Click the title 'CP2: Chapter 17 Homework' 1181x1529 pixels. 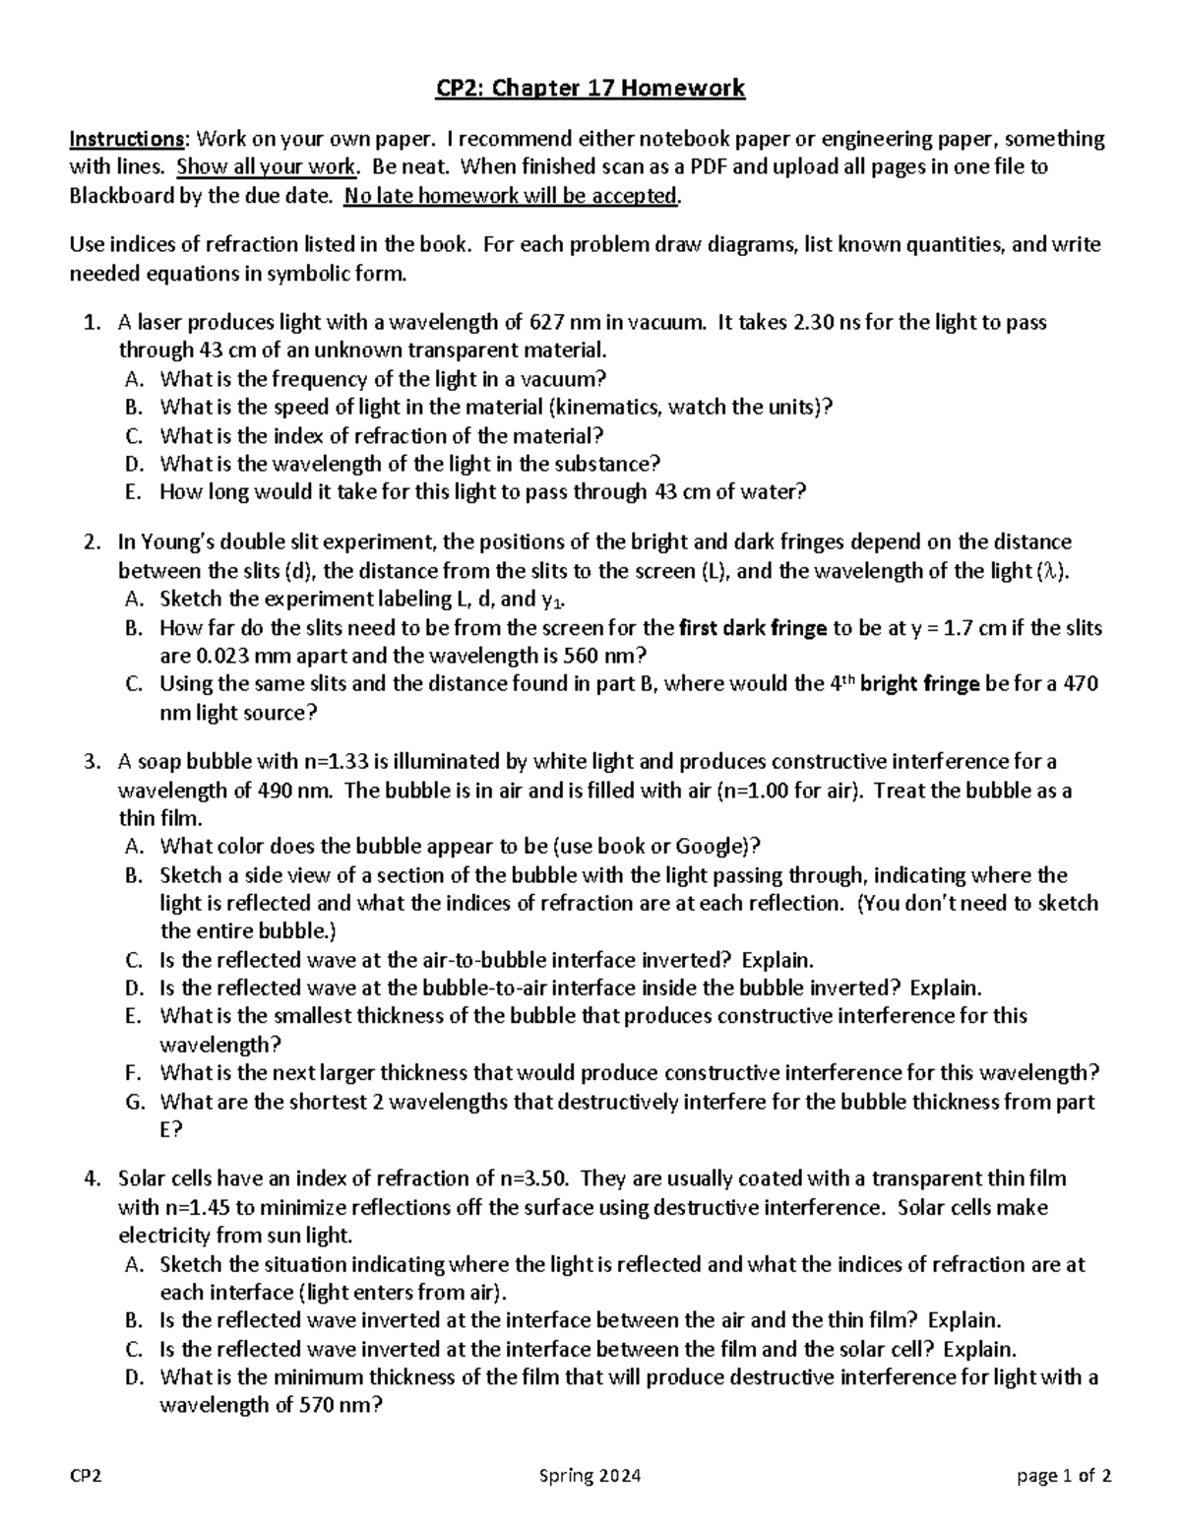click(590, 90)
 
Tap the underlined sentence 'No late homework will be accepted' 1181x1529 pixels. click(510, 196)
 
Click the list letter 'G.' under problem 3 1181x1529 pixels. click(136, 1102)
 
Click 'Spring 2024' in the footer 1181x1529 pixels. click(590, 1476)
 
